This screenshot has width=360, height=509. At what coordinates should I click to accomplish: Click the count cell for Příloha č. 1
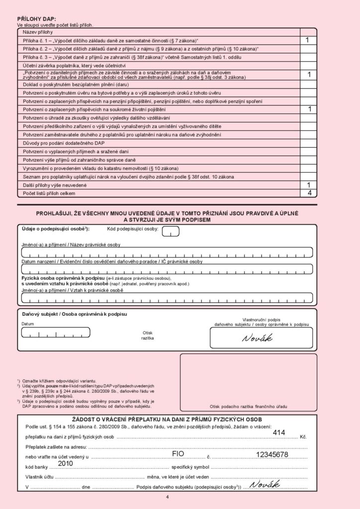308,40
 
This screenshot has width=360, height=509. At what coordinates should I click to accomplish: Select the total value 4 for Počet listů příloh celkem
309,193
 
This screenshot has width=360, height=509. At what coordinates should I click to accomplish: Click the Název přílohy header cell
36,32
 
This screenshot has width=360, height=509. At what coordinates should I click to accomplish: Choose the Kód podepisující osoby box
171,231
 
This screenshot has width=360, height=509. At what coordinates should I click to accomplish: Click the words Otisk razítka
148,335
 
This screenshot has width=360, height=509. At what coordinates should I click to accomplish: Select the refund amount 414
279,432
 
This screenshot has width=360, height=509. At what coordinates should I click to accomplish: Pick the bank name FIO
178,454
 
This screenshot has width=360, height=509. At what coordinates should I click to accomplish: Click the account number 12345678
272,454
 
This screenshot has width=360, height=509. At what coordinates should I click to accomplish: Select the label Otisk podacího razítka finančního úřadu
248,406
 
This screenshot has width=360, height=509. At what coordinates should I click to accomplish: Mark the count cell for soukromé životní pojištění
308,109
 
